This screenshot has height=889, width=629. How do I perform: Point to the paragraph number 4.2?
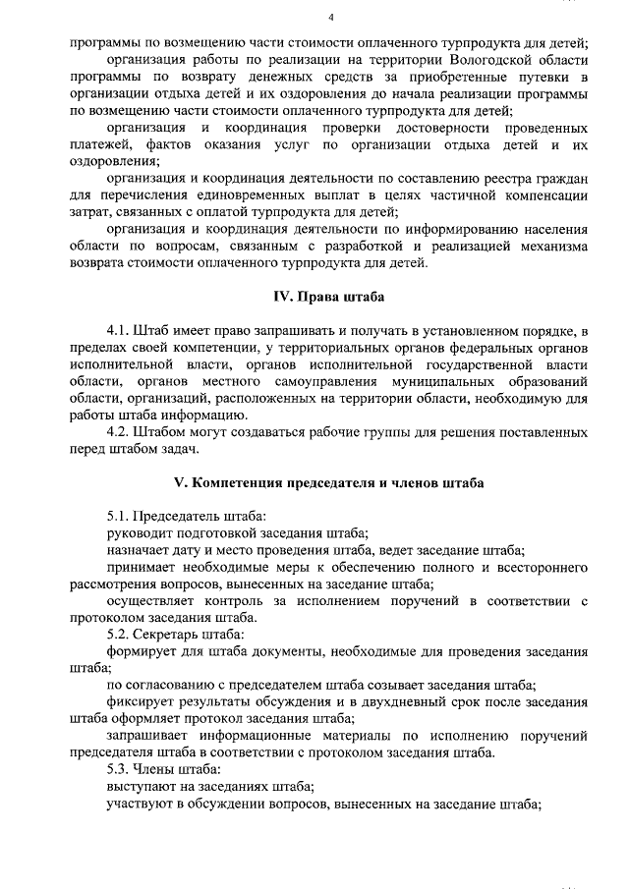[119, 431]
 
